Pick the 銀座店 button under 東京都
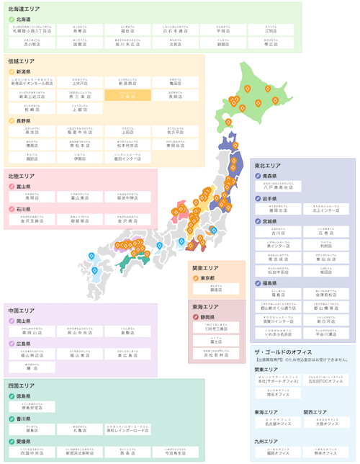(215, 289)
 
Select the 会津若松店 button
(325, 293)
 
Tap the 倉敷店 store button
(127, 333)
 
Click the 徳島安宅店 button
(32, 407)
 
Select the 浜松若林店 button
(215, 354)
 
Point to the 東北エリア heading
(268, 166)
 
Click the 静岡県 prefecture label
(212, 316)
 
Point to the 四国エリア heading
(22, 385)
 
